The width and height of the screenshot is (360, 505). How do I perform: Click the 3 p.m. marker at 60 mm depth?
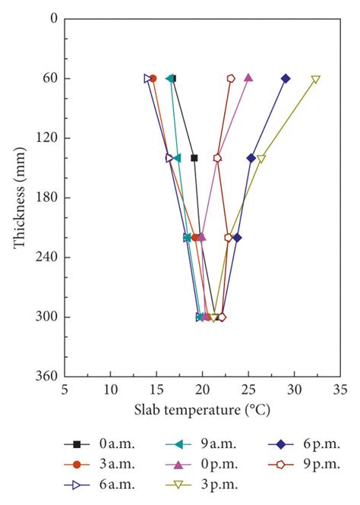316,79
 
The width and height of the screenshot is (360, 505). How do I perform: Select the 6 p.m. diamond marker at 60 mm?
286,78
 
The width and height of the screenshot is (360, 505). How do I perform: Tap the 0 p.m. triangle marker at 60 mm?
248,77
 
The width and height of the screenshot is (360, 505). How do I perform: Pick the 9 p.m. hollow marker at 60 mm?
231,78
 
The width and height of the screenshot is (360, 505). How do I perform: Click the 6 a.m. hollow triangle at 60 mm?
148,78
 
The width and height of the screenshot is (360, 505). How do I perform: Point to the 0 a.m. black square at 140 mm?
194,158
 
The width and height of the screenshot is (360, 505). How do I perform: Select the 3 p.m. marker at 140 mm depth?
261,159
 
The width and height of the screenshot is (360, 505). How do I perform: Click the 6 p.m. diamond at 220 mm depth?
238,238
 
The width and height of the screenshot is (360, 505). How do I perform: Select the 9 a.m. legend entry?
201,444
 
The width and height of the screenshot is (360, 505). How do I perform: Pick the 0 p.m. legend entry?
201,463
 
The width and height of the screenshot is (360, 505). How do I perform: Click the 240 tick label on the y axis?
46,257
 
